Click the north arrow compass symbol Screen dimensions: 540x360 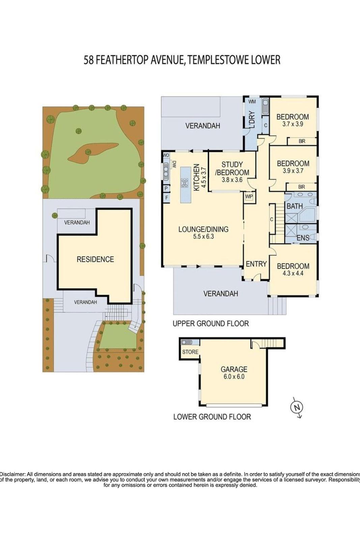pyautogui.click(x=297, y=407)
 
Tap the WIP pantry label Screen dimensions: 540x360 pyautogui.click(x=249, y=196)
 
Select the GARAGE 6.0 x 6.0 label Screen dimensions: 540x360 pyautogui.click(x=234, y=373)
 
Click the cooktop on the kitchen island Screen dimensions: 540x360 pyautogui.click(x=185, y=183)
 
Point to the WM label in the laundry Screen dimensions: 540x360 pyautogui.click(x=252, y=102)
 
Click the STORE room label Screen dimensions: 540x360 pyautogui.click(x=190, y=352)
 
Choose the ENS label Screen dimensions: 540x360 pyautogui.click(x=303, y=238)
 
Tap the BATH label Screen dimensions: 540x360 pyautogui.click(x=295, y=206)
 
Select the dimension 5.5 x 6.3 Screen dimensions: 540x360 pyautogui.click(x=203, y=237)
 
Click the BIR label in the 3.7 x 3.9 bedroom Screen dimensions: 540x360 pyautogui.click(x=302, y=141)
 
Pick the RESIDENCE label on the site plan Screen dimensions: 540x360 pyautogui.click(x=95, y=259)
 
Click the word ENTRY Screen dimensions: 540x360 pyautogui.click(x=256, y=264)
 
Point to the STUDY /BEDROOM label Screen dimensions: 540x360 pyautogui.click(x=232, y=168)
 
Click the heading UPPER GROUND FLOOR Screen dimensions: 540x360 pyautogui.click(x=211, y=323)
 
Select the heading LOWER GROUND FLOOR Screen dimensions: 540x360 pyautogui.click(x=212, y=417)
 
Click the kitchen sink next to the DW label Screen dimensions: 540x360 pyautogui.click(x=166, y=171)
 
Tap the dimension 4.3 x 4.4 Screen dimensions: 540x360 pyautogui.click(x=293, y=273)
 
